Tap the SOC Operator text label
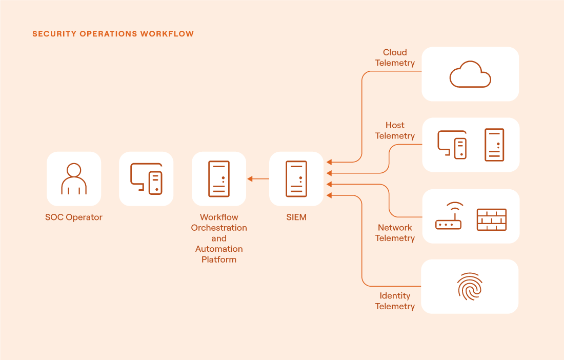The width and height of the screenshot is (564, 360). (x=74, y=217)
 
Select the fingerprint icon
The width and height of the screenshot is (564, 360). (x=470, y=287)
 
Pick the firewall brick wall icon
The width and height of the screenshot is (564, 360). (x=491, y=219)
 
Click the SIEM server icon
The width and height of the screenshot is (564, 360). (x=296, y=179)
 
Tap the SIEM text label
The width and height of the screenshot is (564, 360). (x=296, y=217)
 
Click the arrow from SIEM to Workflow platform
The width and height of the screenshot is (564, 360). (x=258, y=179)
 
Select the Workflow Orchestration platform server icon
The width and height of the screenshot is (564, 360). (x=219, y=179)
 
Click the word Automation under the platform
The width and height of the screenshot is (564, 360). (x=219, y=249)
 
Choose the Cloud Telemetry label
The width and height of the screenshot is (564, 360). (x=395, y=57)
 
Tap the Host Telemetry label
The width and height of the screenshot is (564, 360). (x=395, y=131)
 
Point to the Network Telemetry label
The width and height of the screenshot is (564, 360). (x=395, y=233)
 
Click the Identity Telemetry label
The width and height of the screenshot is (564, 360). (x=395, y=301)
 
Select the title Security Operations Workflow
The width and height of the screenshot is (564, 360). (x=113, y=34)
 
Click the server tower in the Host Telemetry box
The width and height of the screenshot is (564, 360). (x=494, y=145)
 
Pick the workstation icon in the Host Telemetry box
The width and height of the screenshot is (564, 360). (x=452, y=145)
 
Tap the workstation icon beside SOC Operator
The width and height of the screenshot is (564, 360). (x=147, y=179)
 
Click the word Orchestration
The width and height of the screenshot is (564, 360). (x=219, y=228)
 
